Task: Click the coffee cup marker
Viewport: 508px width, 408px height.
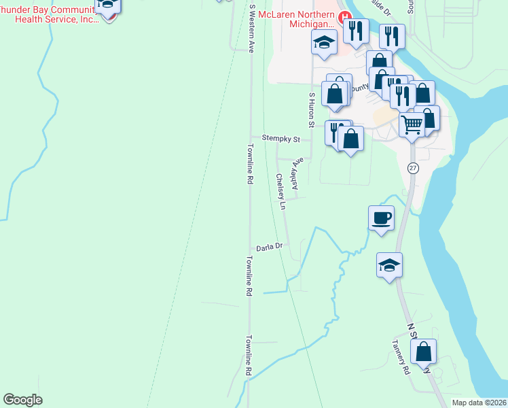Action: click(x=380, y=218)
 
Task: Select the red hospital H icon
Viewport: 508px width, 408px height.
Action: click(x=346, y=16)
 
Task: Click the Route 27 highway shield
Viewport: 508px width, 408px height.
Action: click(x=412, y=168)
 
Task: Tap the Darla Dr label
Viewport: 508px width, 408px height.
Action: click(x=269, y=248)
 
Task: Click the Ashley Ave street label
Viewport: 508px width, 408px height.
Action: click(x=296, y=173)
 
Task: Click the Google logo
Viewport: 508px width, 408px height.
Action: click(x=22, y=400)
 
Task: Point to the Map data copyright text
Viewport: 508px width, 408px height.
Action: click(x=479, y=403)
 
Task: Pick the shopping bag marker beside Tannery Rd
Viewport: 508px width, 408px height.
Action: click(x=423, y=352)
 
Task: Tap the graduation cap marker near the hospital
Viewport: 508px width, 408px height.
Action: click(x=325, y=43)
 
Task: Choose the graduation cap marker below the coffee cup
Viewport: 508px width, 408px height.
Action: click(x=389, y=265)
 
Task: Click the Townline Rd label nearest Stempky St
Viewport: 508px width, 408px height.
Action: click(x=250, y=165)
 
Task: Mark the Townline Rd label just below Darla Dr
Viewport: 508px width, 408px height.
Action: click(x=250, y=275)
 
